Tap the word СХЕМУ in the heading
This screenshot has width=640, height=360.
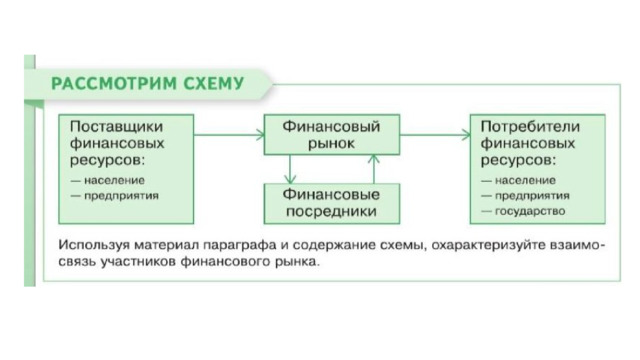(213, 84)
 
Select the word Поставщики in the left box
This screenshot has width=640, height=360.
(116, 127)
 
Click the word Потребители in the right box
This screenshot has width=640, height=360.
(530, 127)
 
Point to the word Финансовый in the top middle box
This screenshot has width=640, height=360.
(331, 127)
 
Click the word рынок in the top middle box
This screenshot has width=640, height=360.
(331, 144)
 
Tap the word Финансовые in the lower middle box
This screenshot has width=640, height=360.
(331, 194)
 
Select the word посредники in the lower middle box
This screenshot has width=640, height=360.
(331, 211)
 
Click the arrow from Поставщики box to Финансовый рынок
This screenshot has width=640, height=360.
(229, 135)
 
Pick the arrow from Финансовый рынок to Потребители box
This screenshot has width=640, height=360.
(435, 135)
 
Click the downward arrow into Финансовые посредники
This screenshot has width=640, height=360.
(290, 169)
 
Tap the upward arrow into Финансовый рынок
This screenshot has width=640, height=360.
(373, 169)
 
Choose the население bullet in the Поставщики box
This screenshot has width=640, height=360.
(108, 180)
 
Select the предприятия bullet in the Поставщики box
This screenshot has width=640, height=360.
(115, 196)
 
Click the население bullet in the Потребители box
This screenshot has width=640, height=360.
(518, 180)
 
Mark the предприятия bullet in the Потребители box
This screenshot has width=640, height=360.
(525, 196)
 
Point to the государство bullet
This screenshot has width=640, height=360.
(523, 211)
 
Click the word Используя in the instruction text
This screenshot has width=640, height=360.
(94, 245)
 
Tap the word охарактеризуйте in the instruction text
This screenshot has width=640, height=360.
(489, 245)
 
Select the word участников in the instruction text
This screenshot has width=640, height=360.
(138, 262)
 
